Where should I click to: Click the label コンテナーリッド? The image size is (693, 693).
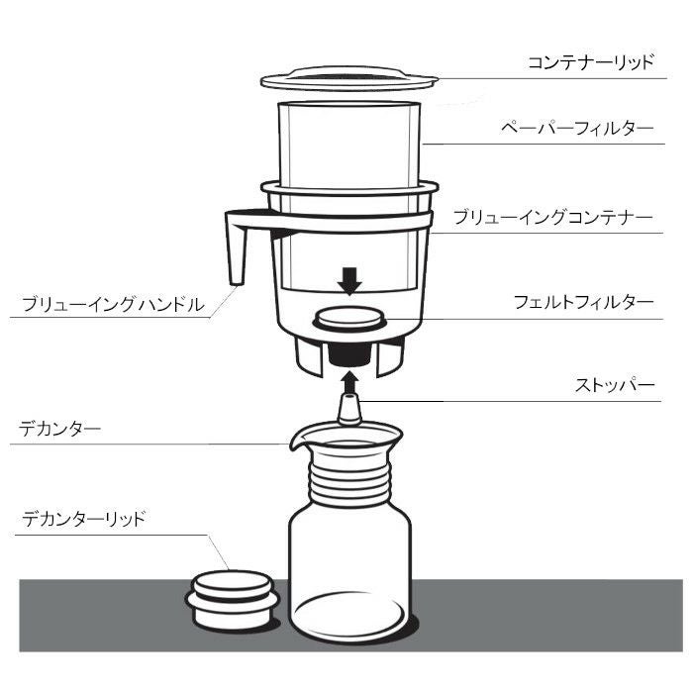590,62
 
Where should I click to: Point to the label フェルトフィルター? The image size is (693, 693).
583,303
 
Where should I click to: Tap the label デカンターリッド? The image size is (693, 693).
83,518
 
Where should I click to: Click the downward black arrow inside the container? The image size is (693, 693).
347,281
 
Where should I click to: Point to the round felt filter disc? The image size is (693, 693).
347,321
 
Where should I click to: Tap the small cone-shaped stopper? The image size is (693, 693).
347,407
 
